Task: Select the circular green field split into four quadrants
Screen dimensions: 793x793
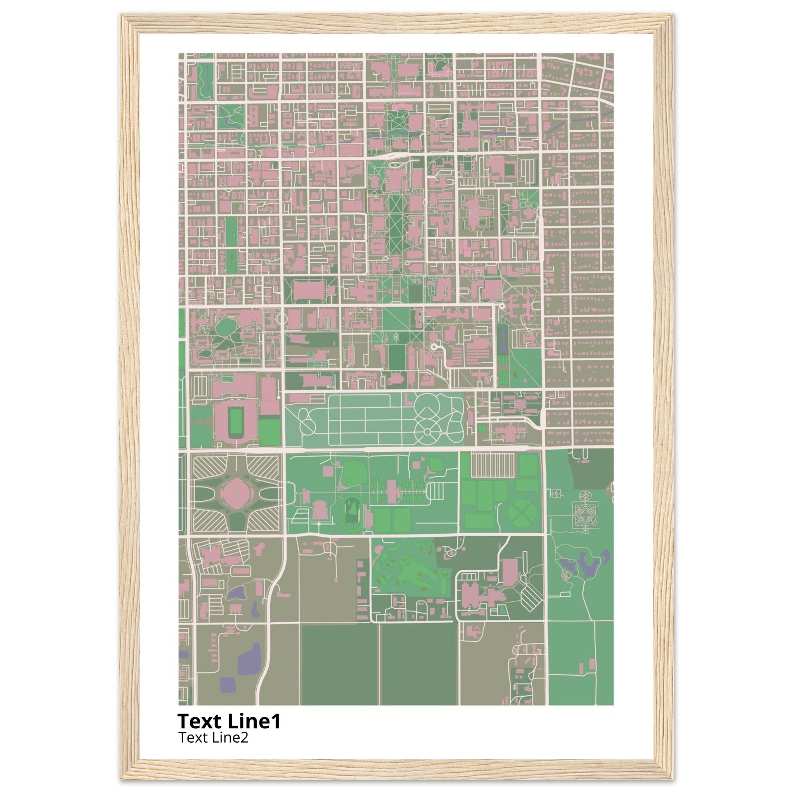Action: (x=522, y=512)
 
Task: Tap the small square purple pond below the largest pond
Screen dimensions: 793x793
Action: (x=228, y=683)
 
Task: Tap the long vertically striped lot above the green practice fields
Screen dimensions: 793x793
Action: (x=492, y=465)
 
